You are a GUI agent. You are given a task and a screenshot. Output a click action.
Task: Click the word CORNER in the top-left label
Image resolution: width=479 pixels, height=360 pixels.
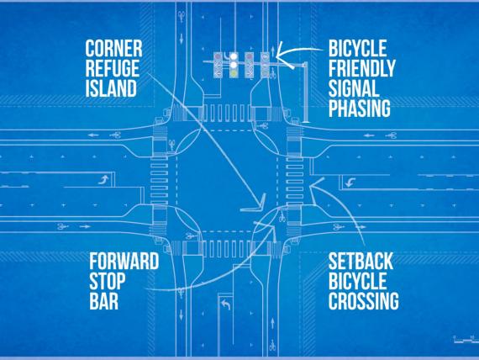113,49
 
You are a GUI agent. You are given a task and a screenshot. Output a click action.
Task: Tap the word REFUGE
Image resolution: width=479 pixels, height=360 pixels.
112,68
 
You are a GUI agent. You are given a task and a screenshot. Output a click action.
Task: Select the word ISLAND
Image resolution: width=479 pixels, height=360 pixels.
111,88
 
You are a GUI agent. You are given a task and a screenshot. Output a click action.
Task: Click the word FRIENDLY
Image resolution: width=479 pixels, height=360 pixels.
362,68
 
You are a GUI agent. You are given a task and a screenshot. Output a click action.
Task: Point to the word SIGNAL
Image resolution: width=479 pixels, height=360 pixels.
354,87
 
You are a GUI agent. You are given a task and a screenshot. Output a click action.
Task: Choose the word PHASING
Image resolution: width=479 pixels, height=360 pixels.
360,108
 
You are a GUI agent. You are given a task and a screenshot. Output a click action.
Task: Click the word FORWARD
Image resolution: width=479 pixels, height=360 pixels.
124,261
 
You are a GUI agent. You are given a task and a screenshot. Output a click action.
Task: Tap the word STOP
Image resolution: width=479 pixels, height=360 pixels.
108,281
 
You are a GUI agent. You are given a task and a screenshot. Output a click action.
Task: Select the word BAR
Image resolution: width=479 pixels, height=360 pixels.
104,300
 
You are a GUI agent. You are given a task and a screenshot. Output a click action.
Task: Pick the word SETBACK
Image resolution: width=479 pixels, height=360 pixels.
361,261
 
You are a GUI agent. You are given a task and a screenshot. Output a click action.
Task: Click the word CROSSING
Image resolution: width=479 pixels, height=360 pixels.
364,300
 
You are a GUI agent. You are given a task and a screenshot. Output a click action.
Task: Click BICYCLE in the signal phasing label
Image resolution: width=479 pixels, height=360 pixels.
358,48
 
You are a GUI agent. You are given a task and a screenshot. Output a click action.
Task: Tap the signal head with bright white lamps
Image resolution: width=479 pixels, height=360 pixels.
234,65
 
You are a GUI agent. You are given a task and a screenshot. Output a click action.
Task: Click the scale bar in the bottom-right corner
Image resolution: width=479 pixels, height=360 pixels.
466,339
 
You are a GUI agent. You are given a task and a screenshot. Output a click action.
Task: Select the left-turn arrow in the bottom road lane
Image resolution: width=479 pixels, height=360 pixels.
225,304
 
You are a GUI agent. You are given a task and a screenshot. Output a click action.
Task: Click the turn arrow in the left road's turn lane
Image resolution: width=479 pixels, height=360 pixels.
104,179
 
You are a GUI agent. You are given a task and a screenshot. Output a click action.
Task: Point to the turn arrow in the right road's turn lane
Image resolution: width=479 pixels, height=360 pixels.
350,183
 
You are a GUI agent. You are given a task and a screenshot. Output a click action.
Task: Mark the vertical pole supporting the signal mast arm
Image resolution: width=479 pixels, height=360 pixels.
305,92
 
